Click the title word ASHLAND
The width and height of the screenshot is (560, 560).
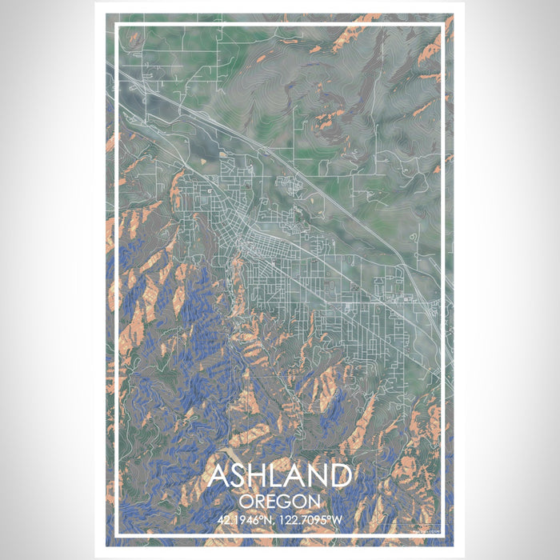pyautogui.click(x=279, y=475)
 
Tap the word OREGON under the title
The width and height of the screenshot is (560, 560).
pyautogui.click(x=279, y=502)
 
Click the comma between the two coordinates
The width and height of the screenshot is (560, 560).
pyautogui.click(x=277, y=522)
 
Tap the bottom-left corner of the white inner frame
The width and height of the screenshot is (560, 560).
pyautogui.click(x=116, y=534)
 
